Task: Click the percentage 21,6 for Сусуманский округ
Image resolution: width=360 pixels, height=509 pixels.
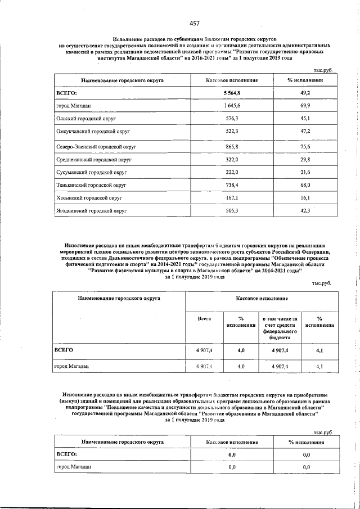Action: pyautogui.click(x=306, y=173)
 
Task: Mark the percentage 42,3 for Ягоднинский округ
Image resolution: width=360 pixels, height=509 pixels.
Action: pyautogui.click(x=306, y=211)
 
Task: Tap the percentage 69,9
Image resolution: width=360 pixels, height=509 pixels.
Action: pyautogui.click(x=306, y=106)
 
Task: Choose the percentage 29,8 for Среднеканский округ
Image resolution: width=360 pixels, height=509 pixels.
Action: pyautogui.click(x=306, y=160)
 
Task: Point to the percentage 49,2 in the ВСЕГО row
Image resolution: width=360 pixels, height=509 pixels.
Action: pyautogui.click(x=306, y=93)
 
